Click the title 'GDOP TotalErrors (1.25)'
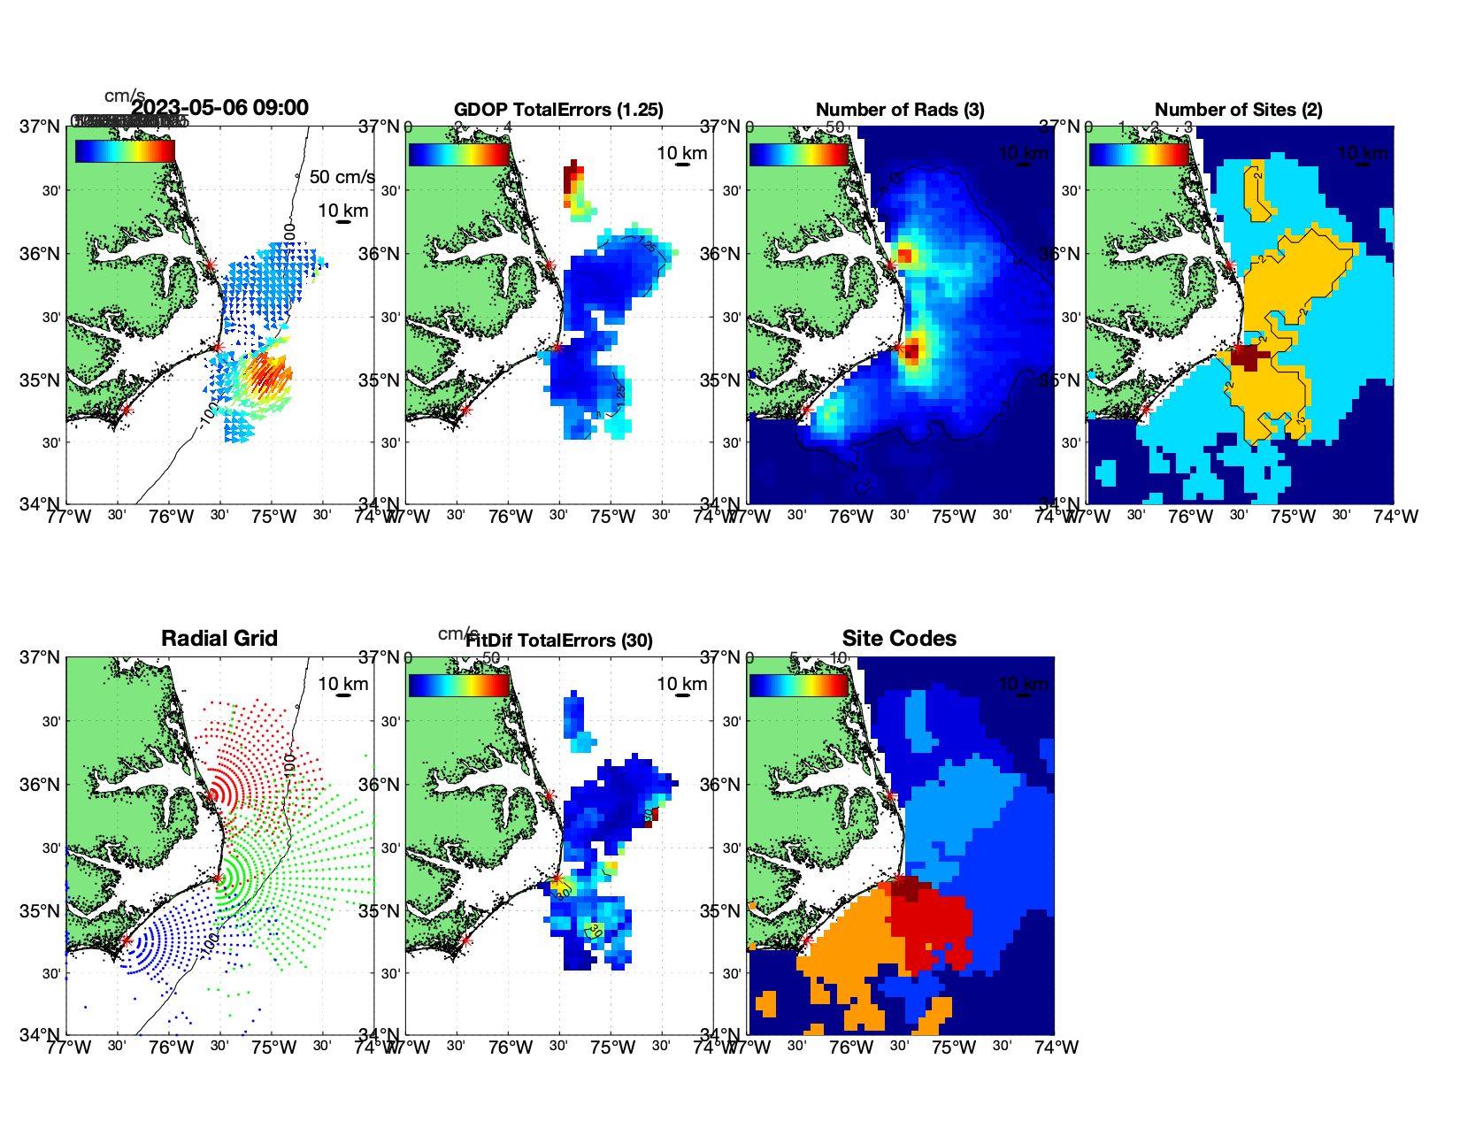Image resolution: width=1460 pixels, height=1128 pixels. [558, 110]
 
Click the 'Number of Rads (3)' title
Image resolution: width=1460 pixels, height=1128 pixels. [900, 110]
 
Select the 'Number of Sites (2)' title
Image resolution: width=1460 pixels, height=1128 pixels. [1238, 110]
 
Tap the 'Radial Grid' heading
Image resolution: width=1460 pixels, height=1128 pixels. [219, 639]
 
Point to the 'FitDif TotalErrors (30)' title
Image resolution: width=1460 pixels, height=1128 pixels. [559, 641]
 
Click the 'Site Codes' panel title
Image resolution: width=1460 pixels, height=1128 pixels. [899, 639]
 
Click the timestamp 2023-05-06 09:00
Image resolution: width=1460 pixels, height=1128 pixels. [219, 108]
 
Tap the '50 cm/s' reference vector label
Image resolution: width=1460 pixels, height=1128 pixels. [342, 177]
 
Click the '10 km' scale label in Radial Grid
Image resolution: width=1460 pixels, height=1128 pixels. [343, 684]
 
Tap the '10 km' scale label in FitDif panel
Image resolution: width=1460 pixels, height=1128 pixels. [682, 684]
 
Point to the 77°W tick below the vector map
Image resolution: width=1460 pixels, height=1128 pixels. [69, 517]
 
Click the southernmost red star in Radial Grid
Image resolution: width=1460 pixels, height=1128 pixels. [127, 941]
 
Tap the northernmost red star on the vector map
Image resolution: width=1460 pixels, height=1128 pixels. [210, 265]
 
